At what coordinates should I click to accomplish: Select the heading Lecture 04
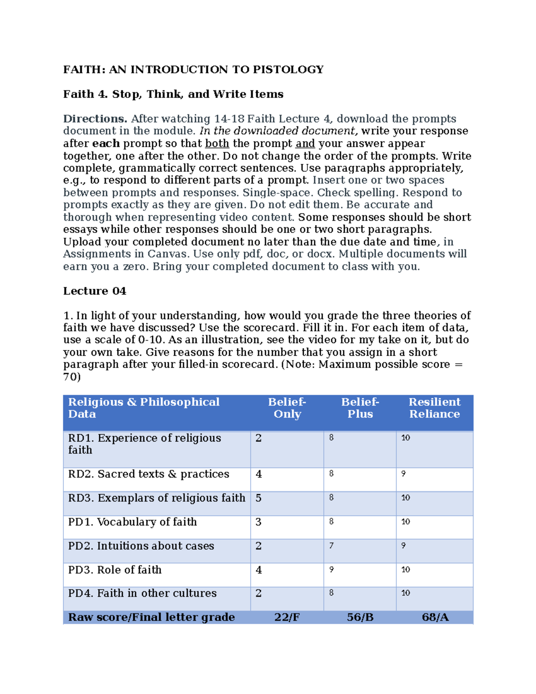95,291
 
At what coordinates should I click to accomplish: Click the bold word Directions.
95,119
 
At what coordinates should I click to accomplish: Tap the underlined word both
217,143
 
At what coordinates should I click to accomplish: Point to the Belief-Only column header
287,408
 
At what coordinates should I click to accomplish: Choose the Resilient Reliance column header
434,408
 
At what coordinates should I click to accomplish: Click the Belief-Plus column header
360,408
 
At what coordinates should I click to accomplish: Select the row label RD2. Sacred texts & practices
149,474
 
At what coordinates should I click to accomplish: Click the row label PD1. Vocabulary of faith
133,522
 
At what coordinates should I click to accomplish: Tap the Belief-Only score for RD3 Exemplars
259,498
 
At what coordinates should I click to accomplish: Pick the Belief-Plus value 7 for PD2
331,546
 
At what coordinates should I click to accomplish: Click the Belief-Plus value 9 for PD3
331,570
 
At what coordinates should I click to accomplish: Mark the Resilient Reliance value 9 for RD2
403,474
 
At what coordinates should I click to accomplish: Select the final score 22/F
287,618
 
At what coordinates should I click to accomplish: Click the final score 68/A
435,618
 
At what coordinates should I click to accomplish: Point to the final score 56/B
360,618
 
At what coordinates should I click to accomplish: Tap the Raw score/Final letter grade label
151,618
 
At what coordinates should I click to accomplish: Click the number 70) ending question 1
72,377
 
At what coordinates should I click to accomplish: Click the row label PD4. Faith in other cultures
142,593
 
